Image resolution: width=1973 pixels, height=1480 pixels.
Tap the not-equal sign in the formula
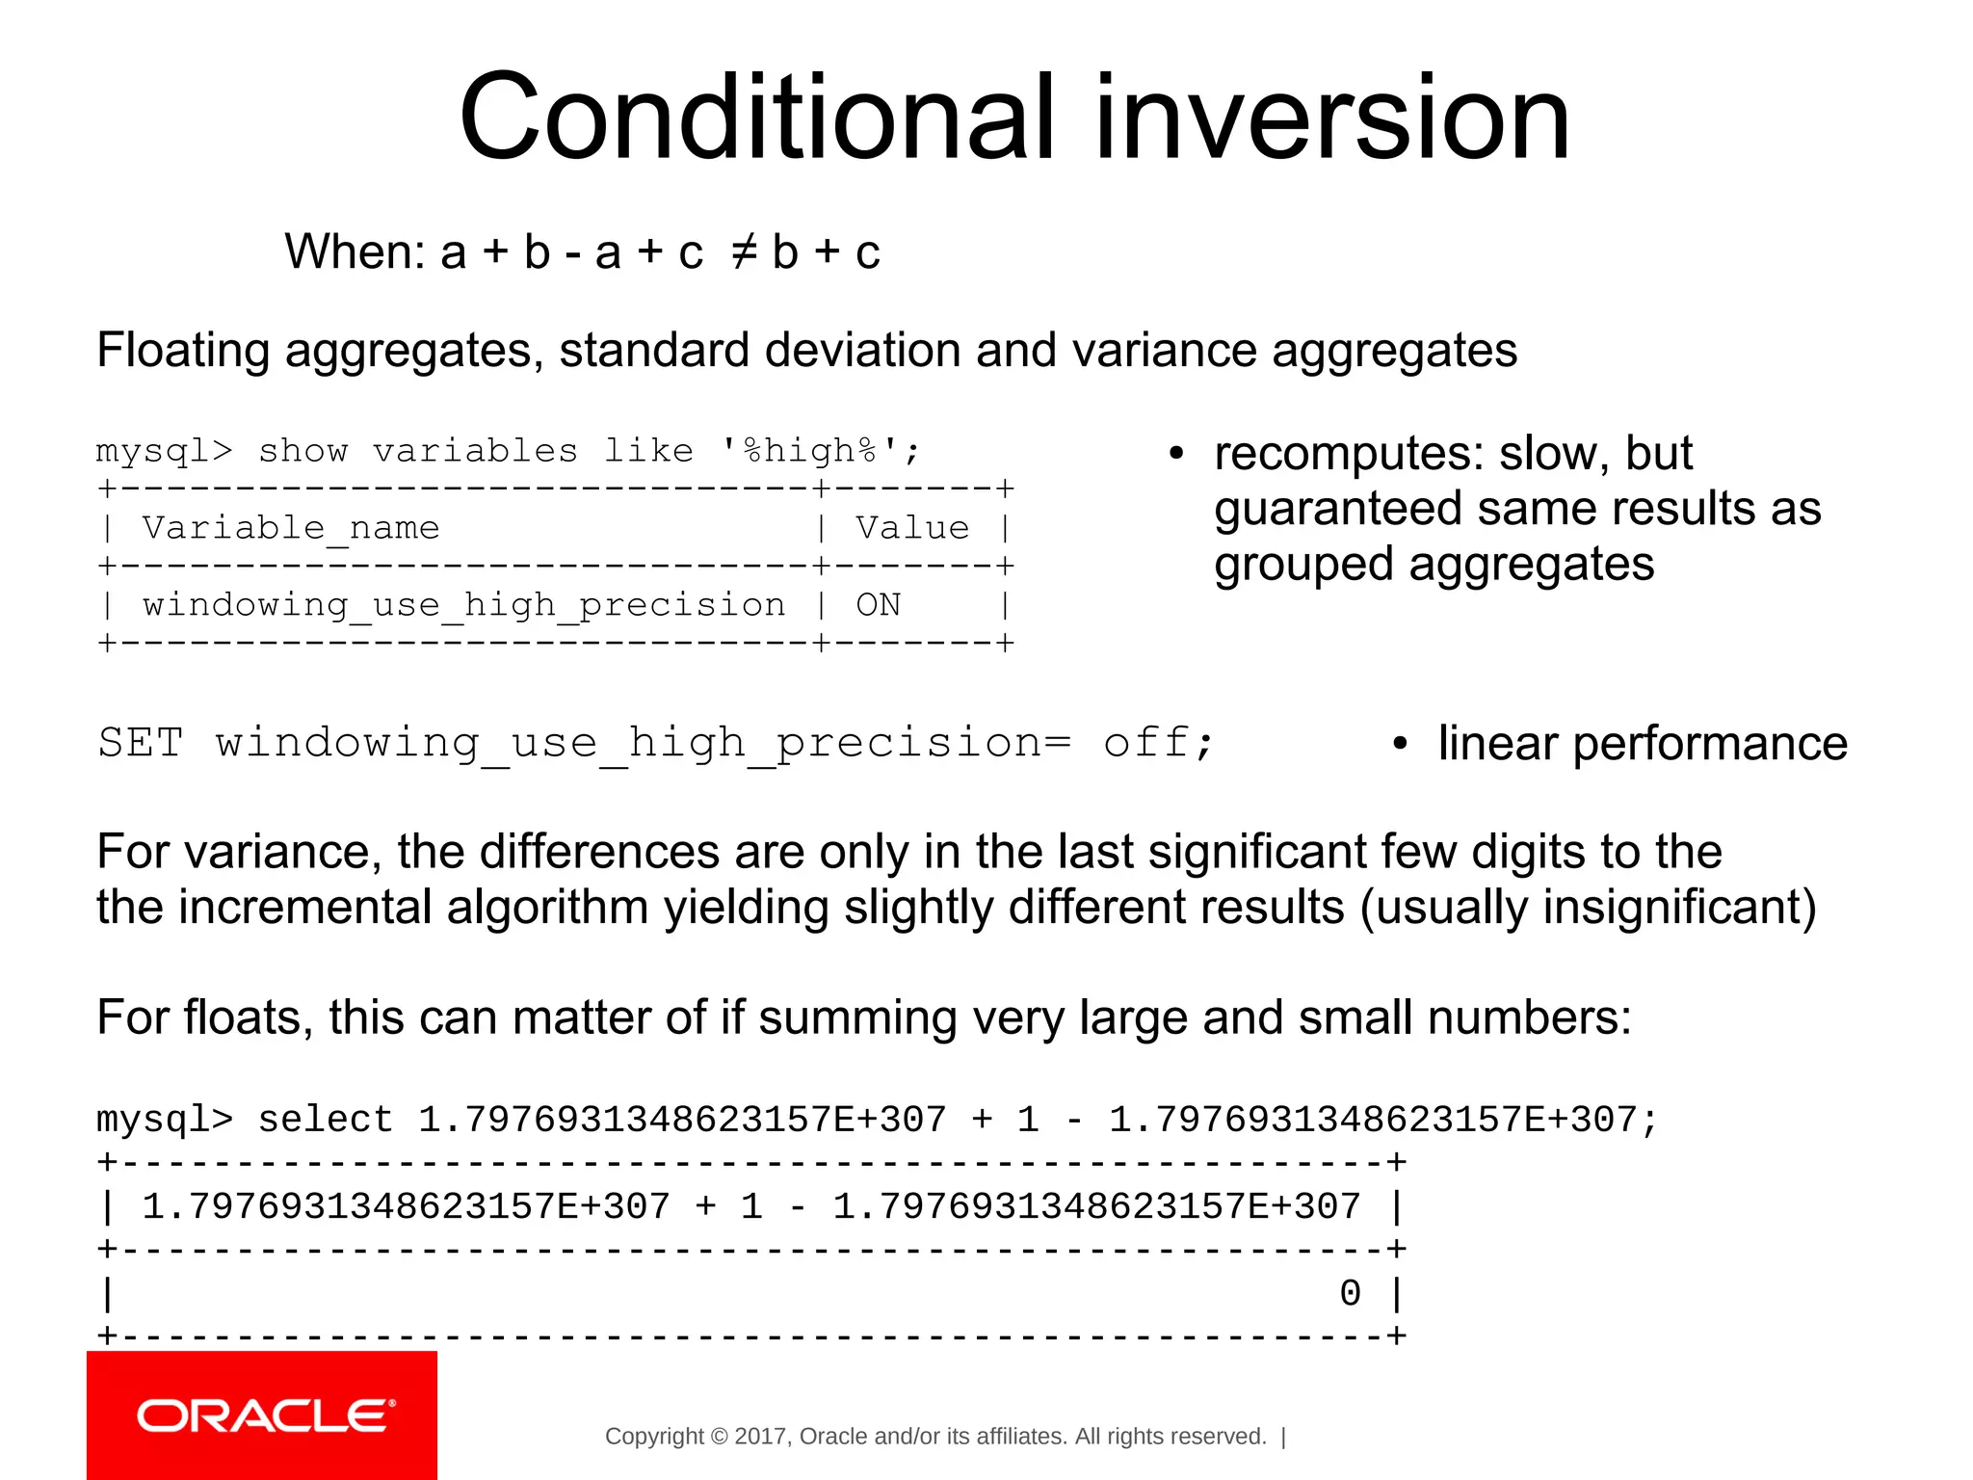[x=743, y=252]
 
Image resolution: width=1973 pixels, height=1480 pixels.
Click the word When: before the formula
[x=355, y=252]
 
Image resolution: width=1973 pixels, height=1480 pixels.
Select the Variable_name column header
[x=290, y=528]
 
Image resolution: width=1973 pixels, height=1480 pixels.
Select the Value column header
[x=911, y=528]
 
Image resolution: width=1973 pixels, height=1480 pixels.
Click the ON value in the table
[x=878, y=605]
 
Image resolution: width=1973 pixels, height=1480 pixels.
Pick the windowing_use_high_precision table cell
[x=463, y=605]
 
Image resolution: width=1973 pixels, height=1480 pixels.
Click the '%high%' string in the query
[x=810, y=451]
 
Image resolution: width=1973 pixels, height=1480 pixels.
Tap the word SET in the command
[x=141, y=743]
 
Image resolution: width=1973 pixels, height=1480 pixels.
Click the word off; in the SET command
[x=1157, y=743]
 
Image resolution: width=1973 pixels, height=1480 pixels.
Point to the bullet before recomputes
[x=1175, y=454]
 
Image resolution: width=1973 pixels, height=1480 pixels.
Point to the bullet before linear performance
[x=1400, y=744]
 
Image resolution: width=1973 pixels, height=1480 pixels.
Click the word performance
[x=1710, y=744]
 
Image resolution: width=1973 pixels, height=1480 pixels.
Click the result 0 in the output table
[x=1350, y=1294]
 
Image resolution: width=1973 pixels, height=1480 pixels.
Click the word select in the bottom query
[x=325, y=1120]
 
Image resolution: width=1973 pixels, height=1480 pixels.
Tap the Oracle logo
[x=262, y=1415]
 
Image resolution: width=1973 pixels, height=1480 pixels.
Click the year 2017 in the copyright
[x=761, y=1437]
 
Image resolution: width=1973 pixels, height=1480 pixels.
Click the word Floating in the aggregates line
[x=182, y=350]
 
